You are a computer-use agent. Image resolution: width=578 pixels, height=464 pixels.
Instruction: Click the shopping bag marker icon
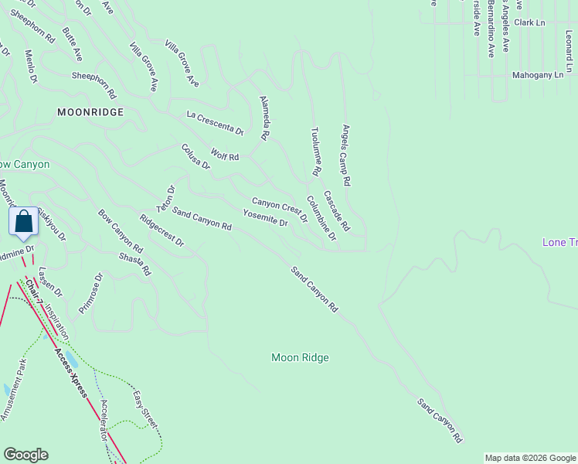point(24,221)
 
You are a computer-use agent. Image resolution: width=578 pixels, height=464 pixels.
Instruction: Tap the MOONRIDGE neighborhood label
point(90,112)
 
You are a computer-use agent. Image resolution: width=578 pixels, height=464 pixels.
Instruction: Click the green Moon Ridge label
point(300,357)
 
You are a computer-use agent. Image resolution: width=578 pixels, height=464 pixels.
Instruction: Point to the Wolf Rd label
point(225,156)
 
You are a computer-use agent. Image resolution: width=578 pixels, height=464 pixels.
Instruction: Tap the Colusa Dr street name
point(195,155)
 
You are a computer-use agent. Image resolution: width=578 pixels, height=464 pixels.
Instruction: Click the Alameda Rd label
point(264,118)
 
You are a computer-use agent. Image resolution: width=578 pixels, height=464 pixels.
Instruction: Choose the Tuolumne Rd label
point(315,150)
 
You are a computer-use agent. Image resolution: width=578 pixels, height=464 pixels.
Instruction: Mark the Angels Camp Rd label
point(346,155)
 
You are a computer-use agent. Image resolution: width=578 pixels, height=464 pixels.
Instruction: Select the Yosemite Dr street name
point(265,218)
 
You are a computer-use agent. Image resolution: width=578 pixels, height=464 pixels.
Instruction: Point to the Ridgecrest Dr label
point(162,230)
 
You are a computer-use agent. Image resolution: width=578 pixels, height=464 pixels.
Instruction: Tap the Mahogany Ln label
point(538,75)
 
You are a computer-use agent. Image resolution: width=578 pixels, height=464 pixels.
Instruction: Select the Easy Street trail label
point(144,411)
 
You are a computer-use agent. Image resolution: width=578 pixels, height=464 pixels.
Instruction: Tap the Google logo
point(26,454)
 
